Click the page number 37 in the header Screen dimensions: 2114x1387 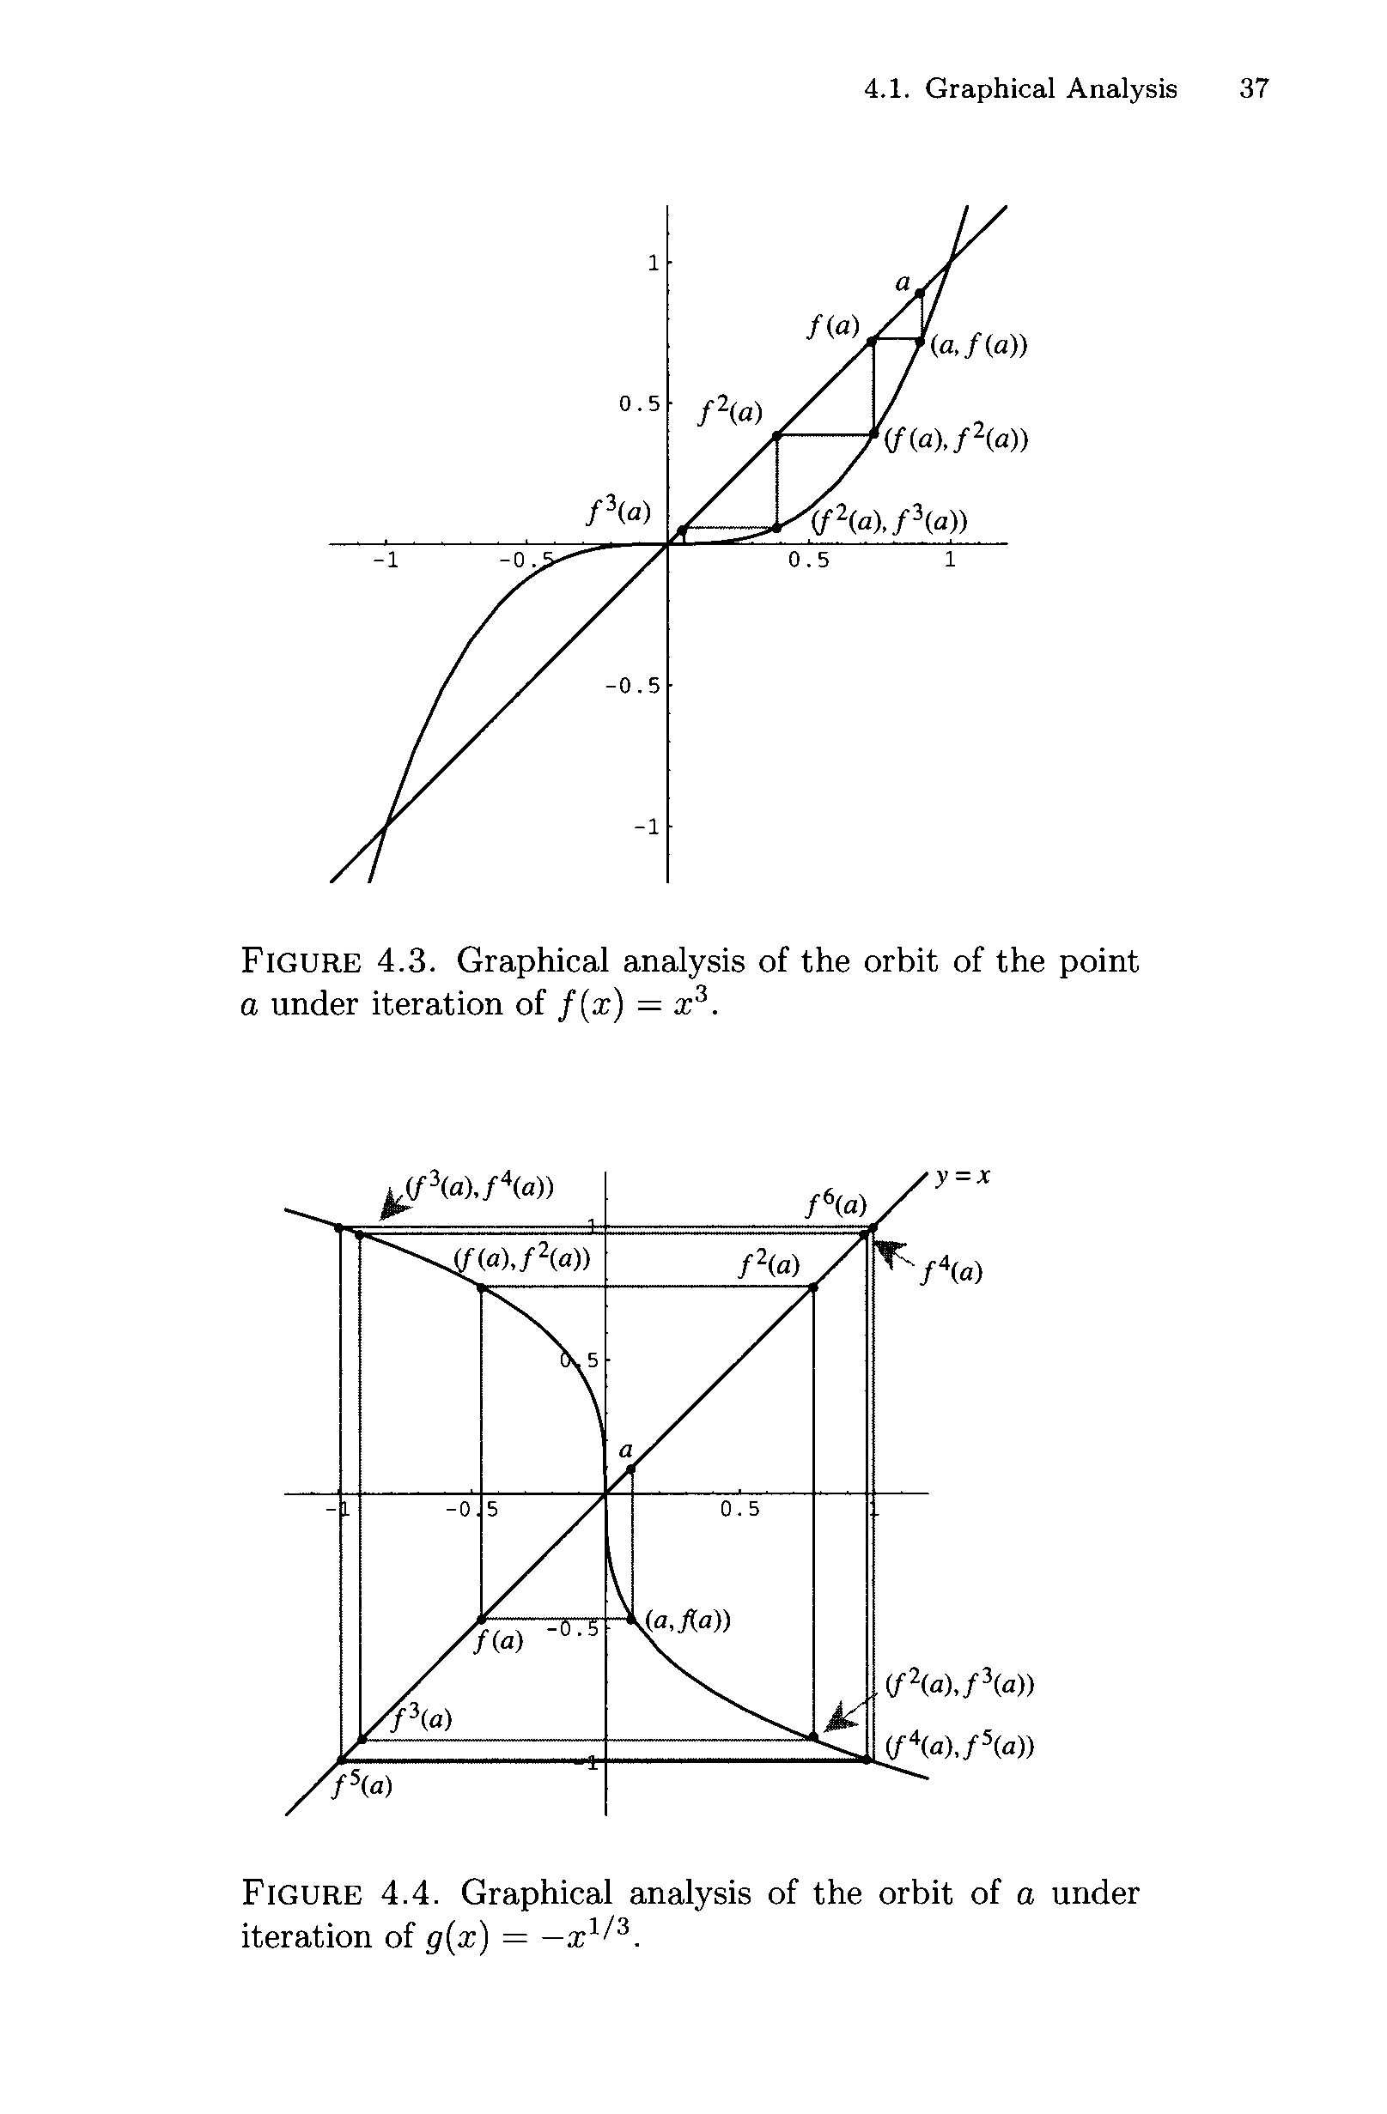[1255, 88]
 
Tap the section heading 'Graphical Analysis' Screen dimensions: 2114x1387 [1050, 88]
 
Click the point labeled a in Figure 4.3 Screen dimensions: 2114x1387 [920, 292]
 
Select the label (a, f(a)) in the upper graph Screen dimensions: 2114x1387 [978, 345]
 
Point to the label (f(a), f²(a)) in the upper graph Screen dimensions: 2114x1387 [956, 439]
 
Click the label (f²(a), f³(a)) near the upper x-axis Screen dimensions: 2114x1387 [890, 519]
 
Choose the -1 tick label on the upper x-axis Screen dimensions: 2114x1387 [384, 560]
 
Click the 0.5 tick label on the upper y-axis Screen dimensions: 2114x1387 [639, 404]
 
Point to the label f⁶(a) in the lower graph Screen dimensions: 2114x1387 [836, 1204]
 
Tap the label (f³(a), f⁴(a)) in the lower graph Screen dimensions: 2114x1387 [480, 1188]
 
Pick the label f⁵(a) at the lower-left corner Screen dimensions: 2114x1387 [362, 1785]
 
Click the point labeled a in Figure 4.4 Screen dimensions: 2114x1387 [632, 1470]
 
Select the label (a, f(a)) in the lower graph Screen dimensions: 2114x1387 [688, 1621]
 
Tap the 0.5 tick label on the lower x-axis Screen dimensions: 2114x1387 [740, 1509]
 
